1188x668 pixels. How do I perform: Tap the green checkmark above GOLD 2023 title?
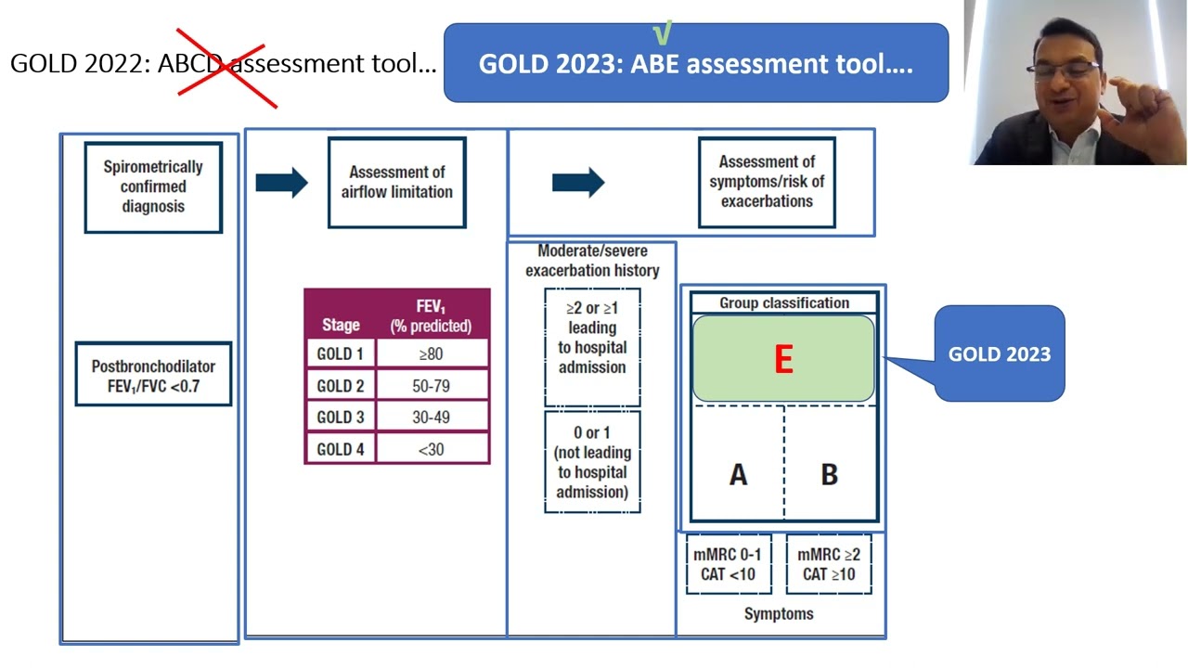point(662,34)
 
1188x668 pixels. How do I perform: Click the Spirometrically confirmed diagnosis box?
point(153,186)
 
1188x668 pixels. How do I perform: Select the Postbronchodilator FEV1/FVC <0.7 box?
point(153,375)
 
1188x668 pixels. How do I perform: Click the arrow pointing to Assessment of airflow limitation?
point(281,182)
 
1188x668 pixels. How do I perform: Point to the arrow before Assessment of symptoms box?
point(577,182)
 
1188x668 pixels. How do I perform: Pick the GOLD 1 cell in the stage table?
point(340,353)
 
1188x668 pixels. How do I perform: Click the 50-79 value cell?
point(431,386)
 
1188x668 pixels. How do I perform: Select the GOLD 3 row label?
point(340,417)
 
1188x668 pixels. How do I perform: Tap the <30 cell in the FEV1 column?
point(431,449)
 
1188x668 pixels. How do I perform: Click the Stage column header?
point(340,325)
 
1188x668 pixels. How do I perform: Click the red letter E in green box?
point(783,360)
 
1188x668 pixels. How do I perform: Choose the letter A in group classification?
point(738,475)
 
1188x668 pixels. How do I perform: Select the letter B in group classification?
point(829,475)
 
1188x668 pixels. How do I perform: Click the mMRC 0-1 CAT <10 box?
point(728,564)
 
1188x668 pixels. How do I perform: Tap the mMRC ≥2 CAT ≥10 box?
point(829,564)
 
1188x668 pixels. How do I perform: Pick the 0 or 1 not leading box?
point(592,462)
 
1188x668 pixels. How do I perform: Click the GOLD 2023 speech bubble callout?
point(1000,353)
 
